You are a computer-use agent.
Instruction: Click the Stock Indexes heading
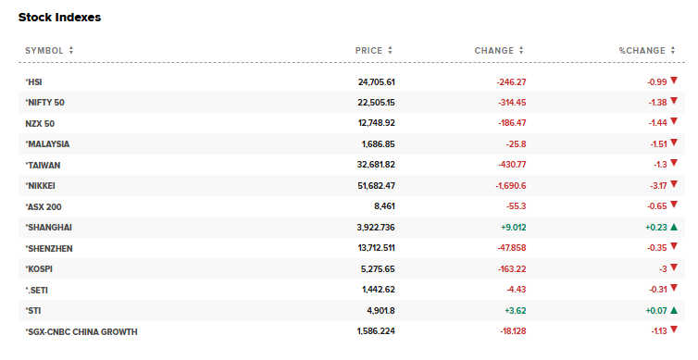click(x=59, y=18)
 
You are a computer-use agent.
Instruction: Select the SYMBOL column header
click(x=44, y=50)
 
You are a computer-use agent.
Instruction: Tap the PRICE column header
click(x=368, y=50)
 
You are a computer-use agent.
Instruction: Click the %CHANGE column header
click(x=642, y=50)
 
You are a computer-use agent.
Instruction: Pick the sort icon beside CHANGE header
click(x=521, y=50)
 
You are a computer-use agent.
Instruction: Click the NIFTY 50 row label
click(x=45, y=102)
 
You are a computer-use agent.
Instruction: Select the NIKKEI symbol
click(x=44, y=185)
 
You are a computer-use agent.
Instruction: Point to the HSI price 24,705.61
click(x=377, y=81)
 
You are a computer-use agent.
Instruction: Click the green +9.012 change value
click(x=511, y=227)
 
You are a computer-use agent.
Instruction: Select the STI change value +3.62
click(x=513, y=311)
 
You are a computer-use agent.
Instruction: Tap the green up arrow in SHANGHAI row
click(x=674, y=227)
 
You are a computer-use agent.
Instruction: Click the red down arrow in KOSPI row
click(x=674, y=268)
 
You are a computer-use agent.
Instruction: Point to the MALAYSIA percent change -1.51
click(x=656, y=143)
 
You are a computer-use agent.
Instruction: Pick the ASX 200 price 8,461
click(x=384, y=206)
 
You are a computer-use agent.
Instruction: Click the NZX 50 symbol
click(x=41, y=123)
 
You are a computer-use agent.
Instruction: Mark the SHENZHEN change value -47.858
click(x=507, y=248)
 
